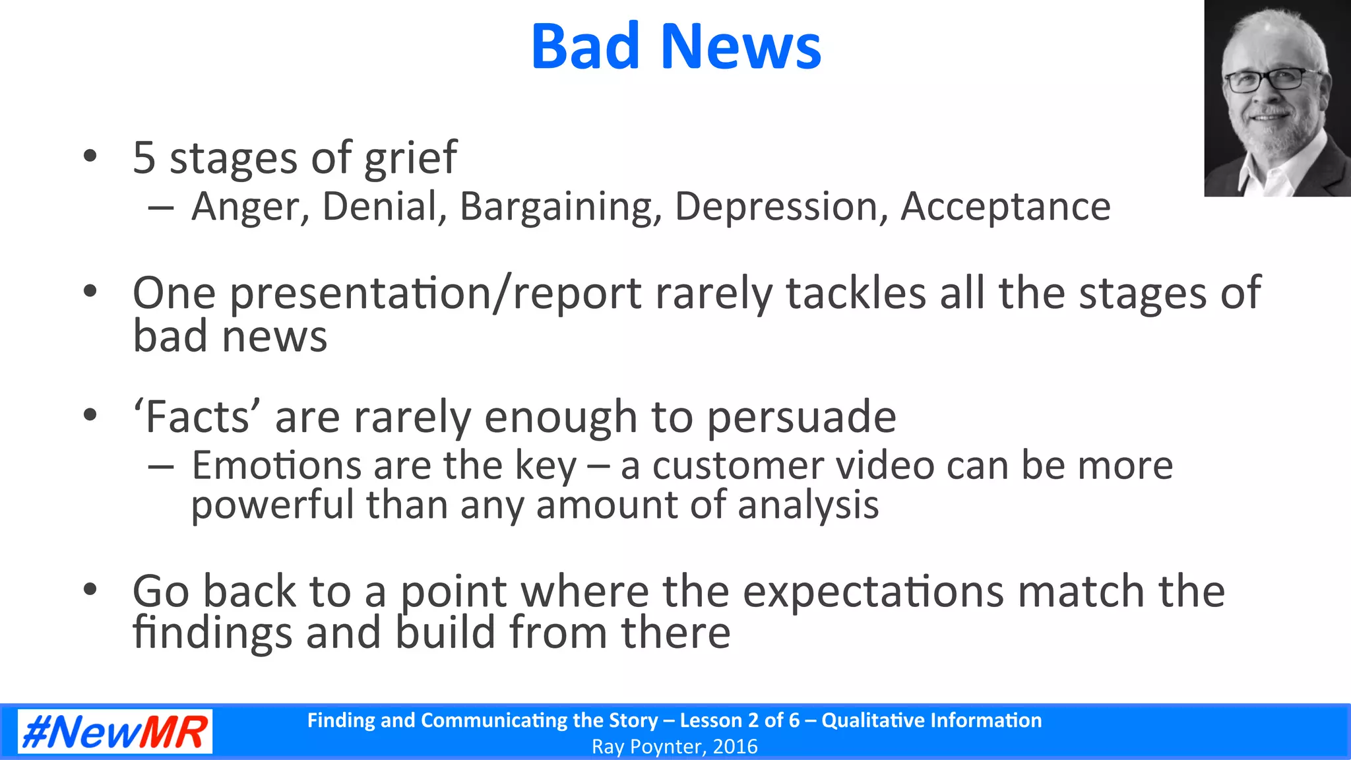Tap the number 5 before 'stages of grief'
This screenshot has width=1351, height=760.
144,158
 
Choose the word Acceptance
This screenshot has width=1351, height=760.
1005,207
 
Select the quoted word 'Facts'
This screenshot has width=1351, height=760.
197,417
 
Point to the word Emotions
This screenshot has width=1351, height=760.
276,466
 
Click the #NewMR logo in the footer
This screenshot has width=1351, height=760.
115,732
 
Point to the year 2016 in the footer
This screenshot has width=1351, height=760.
735,747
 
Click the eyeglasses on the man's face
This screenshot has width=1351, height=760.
1265,80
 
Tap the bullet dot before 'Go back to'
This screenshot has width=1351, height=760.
90,588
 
